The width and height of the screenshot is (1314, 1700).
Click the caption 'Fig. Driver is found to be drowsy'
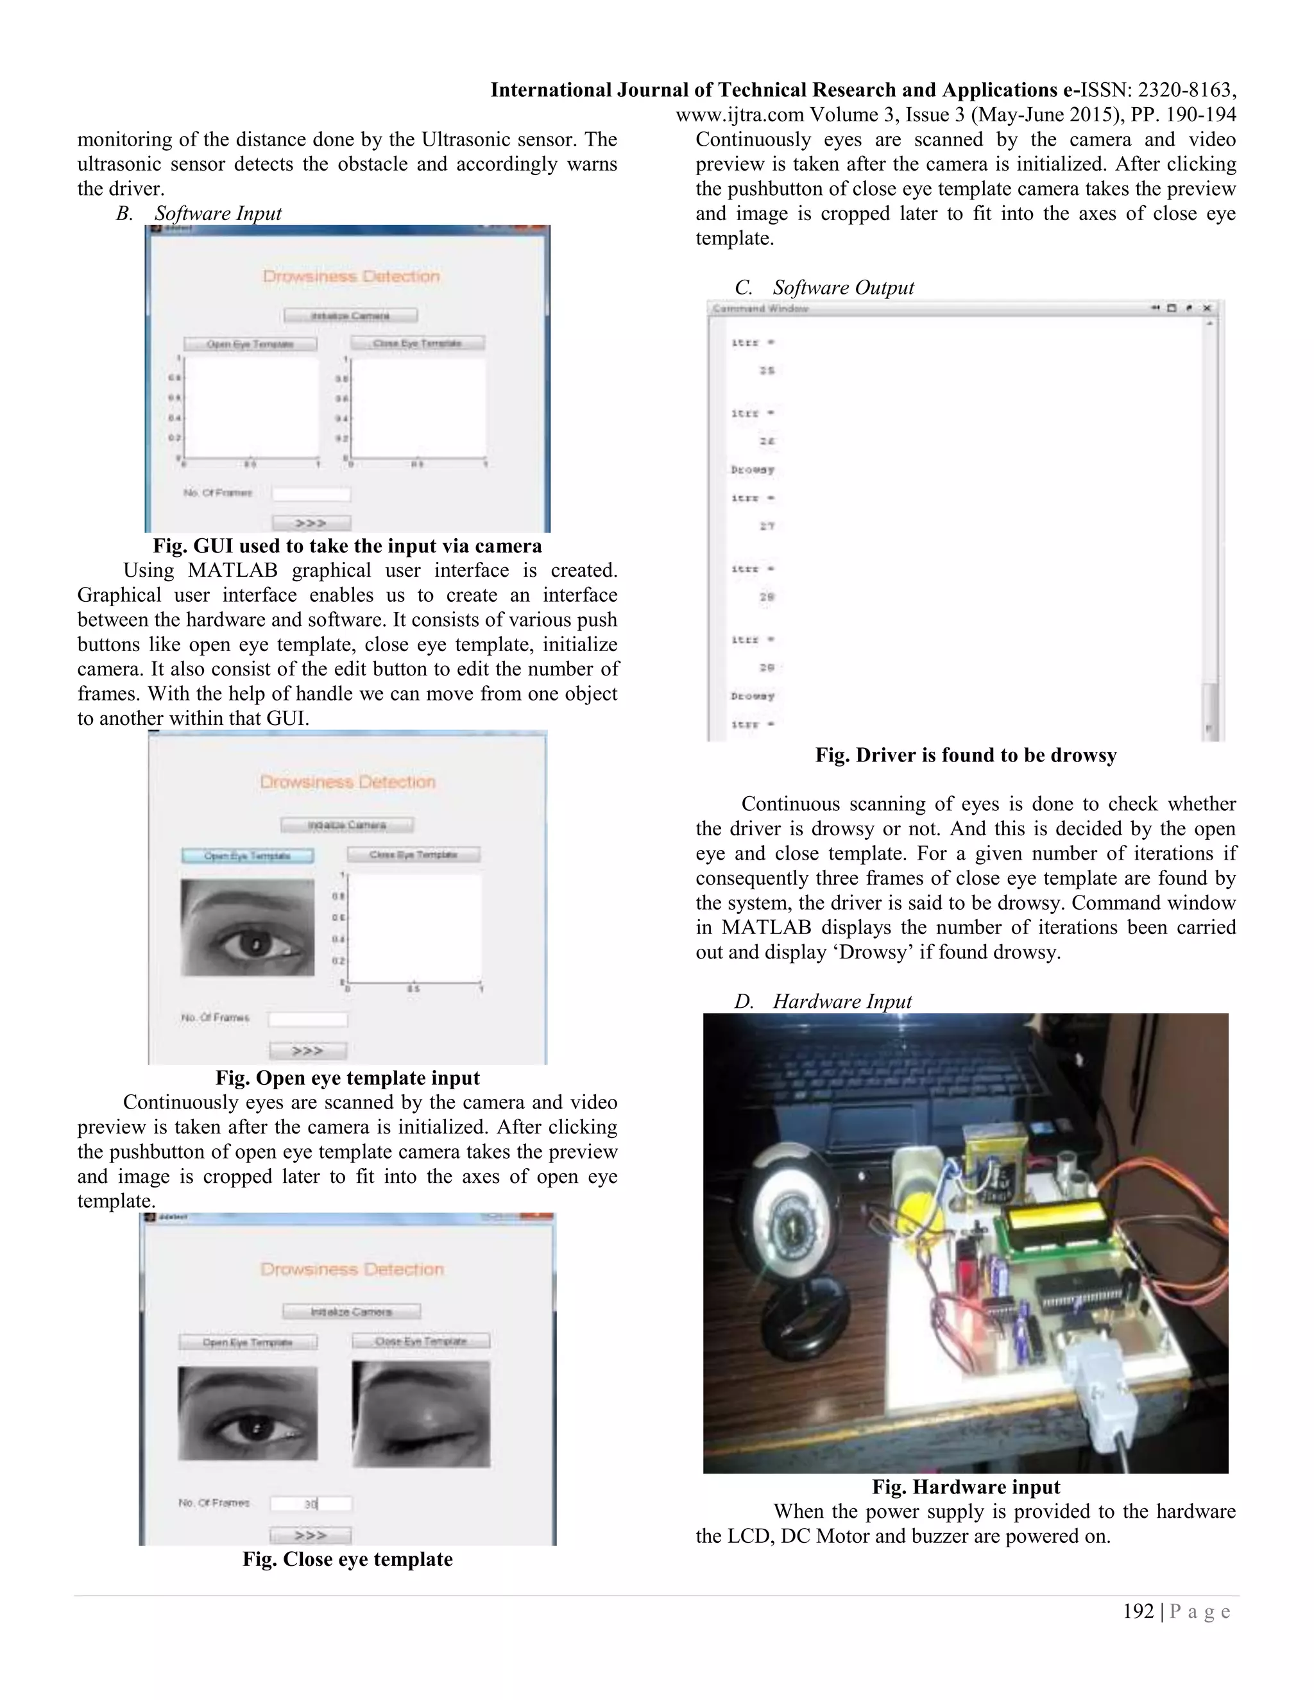pyautogui.click(x=965, y=755)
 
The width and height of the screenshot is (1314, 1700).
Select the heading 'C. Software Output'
pyautogui.click(x=824, y=287)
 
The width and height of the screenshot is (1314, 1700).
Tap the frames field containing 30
pyautogui.click(x=311, y=1504)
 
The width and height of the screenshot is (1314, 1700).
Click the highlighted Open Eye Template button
pyautogui.click(x=248, y=855)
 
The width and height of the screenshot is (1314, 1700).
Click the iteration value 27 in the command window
pyautogui.click(x=767, y=526)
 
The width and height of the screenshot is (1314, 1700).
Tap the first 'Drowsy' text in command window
pyautogui.click(x=752, y=470)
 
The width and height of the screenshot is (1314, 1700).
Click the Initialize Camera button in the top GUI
pyautogui.click(x=350, y=315)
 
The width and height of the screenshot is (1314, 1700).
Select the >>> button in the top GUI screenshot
pyautogui.click(x=311, y=522)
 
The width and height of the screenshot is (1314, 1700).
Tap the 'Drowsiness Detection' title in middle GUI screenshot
pyautogui.click(x=347, y=781)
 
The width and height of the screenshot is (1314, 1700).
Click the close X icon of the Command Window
pyautogui.click(x=1207, y=308)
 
